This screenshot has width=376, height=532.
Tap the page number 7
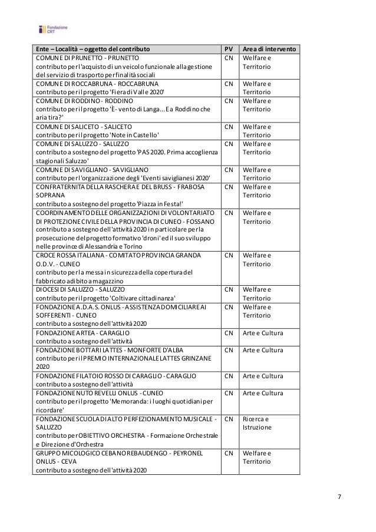pyautogui.click(x=338, y=497)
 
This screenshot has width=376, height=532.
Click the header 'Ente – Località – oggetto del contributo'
pyautogui.click(x=92, y=49)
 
